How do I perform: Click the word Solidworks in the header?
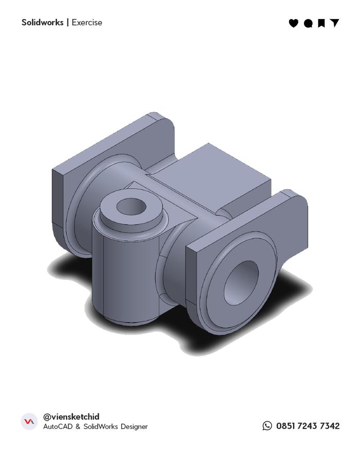click(x=42, y=23)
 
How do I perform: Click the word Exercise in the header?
click(x=87, y=23)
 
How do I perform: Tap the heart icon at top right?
click(x=293, y=23)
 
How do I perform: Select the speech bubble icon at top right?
click(x=308, y=23)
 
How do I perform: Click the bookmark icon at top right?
click(x=321, y=23)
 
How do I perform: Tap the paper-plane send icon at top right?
click(x=335, y=23)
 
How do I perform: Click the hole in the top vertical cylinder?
click(x=131, y=207)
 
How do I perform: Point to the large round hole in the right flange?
click(x=241, y=282)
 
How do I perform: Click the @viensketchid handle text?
click(x=71, y=417)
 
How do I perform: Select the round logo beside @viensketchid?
click(x=29, y=422)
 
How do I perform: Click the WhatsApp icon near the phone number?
click(x=267, y=426)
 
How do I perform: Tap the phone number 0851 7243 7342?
click(x=308, y=426)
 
